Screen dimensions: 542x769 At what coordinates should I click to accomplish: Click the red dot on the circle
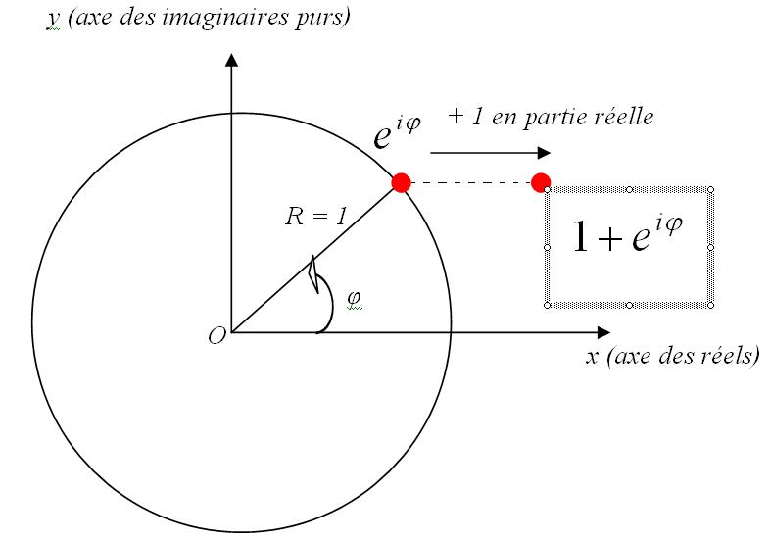401,182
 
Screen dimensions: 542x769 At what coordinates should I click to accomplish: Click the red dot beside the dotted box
540,182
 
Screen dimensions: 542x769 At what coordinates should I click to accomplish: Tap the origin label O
216,335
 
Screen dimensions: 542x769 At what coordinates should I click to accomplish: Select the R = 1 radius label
315,218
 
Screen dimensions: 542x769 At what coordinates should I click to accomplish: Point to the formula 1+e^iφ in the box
627,236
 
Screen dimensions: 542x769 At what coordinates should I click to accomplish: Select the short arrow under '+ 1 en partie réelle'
490,153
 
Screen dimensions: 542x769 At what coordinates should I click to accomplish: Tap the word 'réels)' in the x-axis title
731,356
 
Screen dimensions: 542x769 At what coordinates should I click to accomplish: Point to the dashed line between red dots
470,182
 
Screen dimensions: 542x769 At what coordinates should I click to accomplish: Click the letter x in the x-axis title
592,356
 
